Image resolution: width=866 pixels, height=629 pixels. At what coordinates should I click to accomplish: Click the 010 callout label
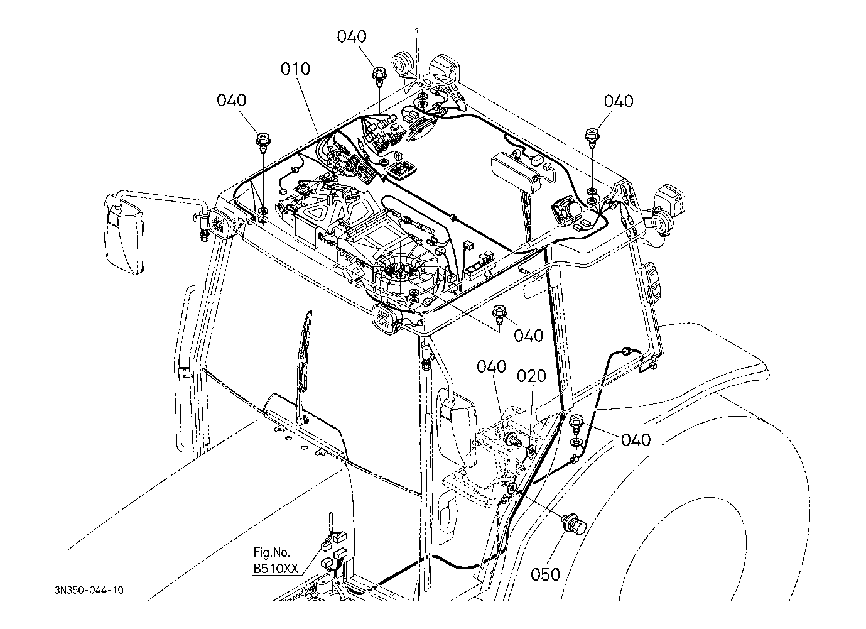click(x=295, y=69)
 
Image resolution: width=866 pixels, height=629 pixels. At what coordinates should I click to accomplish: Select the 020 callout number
click(x=531, y=376)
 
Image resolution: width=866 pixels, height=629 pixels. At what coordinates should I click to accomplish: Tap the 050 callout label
click(x=545, y=574)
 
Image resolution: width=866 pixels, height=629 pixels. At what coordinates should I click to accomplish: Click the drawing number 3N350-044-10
click(x=89, y=590)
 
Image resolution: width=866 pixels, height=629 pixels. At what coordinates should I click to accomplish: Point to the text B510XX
click(x=276, y=569)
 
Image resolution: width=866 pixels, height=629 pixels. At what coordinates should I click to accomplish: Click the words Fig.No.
click(x=272, y=552)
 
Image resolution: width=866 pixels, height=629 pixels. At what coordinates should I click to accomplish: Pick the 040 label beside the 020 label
click(x=491, y=366)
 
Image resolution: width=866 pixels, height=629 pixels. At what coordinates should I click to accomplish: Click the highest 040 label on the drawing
click(x=352, y=36)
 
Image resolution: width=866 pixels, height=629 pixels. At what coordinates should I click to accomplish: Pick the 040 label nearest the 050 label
click(x=636, y=440)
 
